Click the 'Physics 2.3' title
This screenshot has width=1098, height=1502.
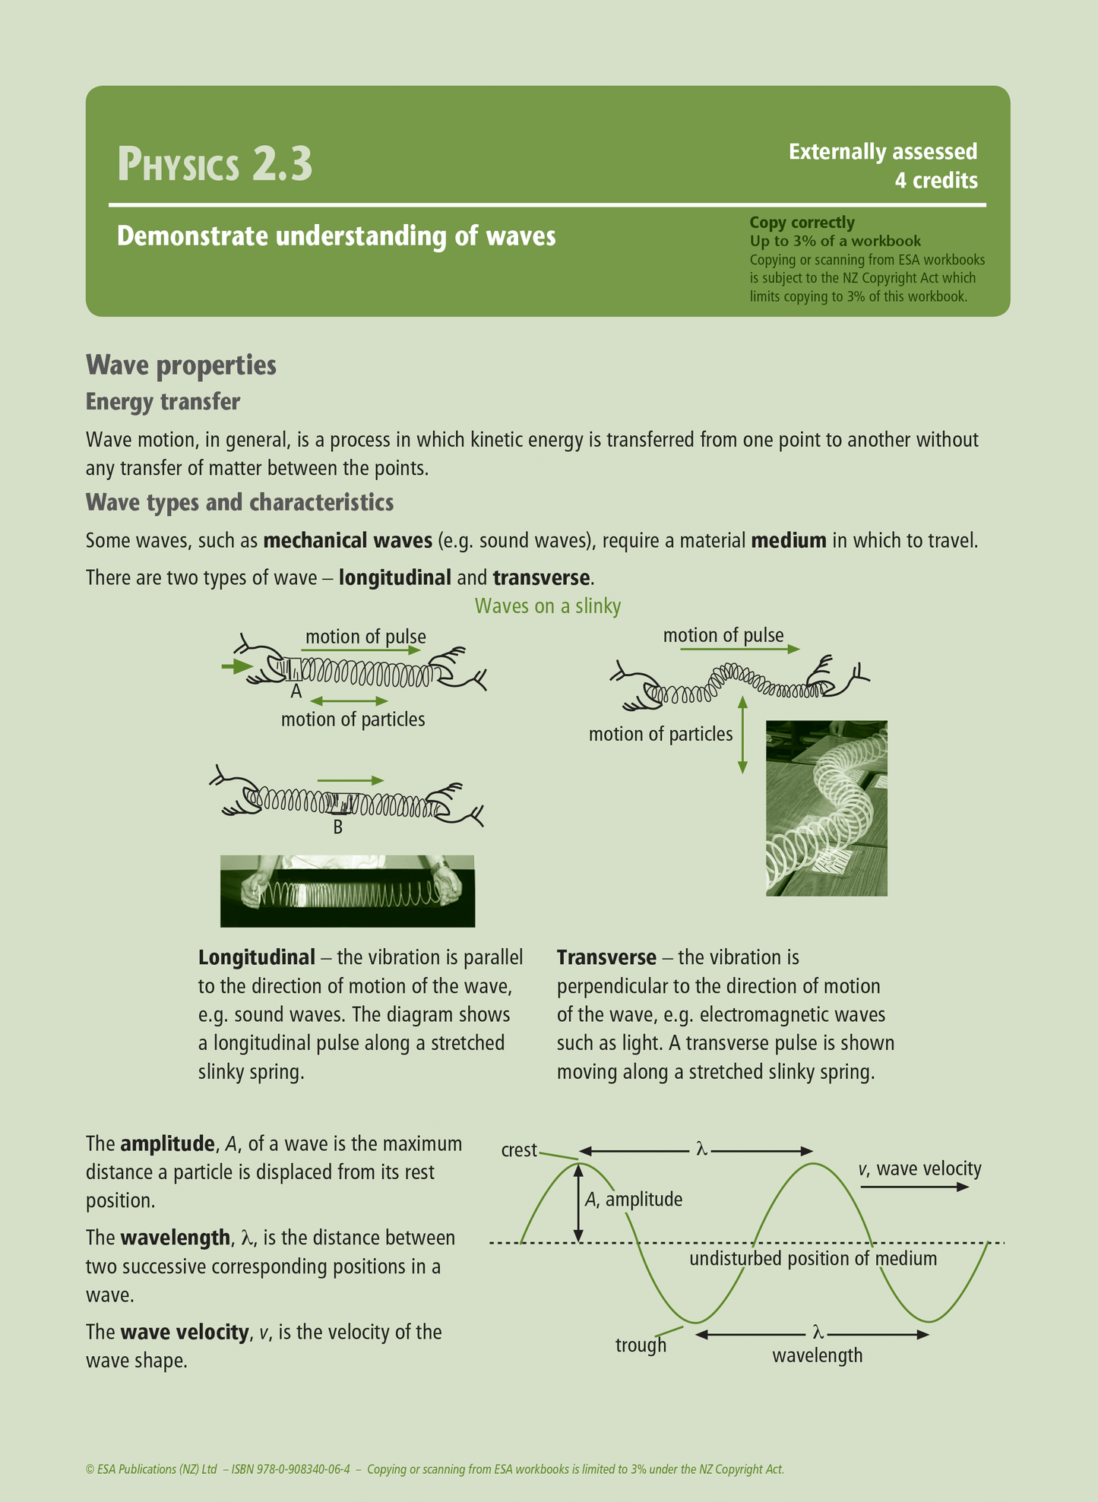pos(215,164)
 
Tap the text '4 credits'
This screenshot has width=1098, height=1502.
pos(935,181)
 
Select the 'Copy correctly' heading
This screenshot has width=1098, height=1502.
pos(802,223)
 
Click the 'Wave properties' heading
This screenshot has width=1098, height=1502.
pos(181,365)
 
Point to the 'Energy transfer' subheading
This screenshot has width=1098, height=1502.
pos(163,401)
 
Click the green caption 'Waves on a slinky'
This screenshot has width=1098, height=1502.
pos(548,606)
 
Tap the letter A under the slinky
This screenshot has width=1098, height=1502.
pos(296,691)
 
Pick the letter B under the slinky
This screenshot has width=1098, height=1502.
pos(338,827)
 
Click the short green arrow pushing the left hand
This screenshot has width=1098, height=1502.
pos(236,667)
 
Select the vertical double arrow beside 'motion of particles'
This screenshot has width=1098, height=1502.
pos(742,735)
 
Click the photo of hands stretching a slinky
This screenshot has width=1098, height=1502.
pos(347,890)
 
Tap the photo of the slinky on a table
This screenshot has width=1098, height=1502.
pos(826,808)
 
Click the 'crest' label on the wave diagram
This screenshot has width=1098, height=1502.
pos(519,1150)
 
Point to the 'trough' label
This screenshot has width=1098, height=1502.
pos(641,1345)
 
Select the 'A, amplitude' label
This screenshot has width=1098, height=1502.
pos(633,1200)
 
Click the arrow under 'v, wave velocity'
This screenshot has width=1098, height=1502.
pos(915,1187)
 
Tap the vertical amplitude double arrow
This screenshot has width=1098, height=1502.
pos(579,1203)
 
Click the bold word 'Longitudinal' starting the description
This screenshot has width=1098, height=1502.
pos(256,957)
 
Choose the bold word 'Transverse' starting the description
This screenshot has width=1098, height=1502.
pos(606,957)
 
